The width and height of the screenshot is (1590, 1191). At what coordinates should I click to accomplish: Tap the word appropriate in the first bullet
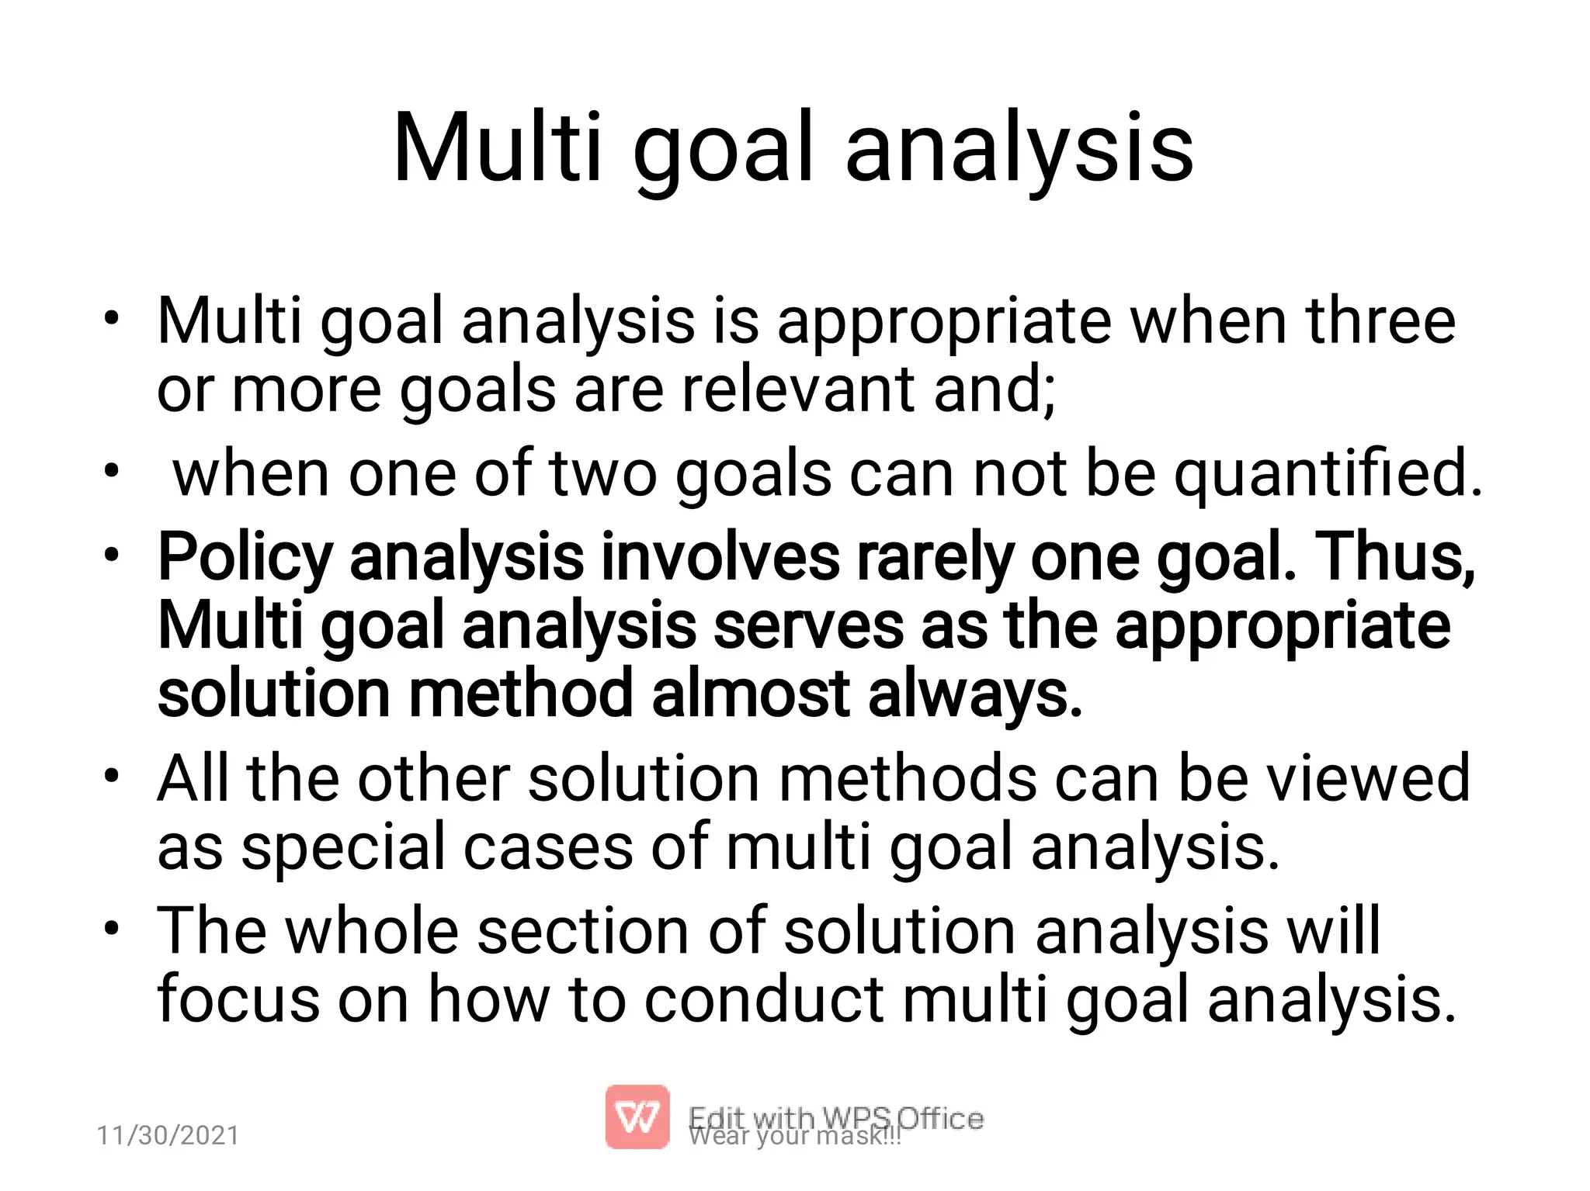pyautogui.click(x=944, y=322)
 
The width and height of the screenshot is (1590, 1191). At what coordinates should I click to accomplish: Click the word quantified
pyautogui.click(x=1328, y=473)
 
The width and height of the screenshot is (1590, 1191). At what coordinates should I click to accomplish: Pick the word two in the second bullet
pyautogui.click(x=603, y=473)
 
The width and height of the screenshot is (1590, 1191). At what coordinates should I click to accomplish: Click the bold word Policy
pyautogui.click(x=245, y=557)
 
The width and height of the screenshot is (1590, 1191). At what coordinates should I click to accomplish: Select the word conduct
pyautogui.click(x=764, y=999)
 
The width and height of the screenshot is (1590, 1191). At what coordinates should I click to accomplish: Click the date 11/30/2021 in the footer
pyautogui.click(x=168, y=1135)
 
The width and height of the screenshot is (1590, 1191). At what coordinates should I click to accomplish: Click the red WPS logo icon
pyautogui.click(x=637, y=1117)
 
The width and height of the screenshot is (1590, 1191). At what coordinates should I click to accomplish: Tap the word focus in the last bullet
pyautogui.click(x=238, y=999)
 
